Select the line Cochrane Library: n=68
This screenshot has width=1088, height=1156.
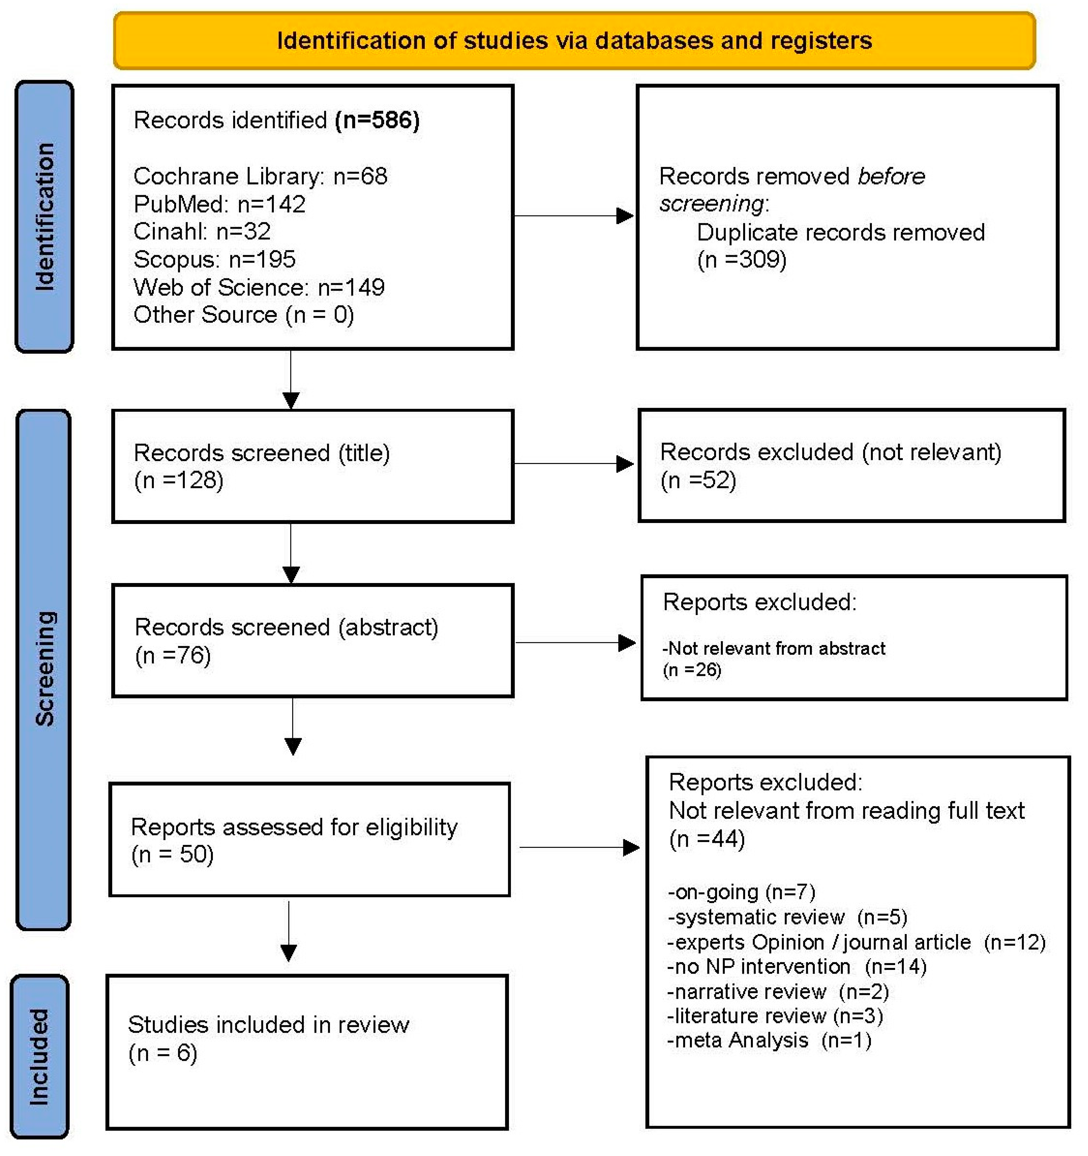[x=260, y=176]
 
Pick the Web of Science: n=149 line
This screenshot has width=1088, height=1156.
[x=259, y=287]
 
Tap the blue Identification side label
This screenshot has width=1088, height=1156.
[x=44, y=216]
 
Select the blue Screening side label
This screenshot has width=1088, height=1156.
[x=44, y=669]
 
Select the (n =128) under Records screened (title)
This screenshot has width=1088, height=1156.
[x=178, y=480]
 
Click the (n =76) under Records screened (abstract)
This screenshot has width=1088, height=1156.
[x=173, y=655]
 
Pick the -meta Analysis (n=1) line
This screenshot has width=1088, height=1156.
[x=769, y=1040]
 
